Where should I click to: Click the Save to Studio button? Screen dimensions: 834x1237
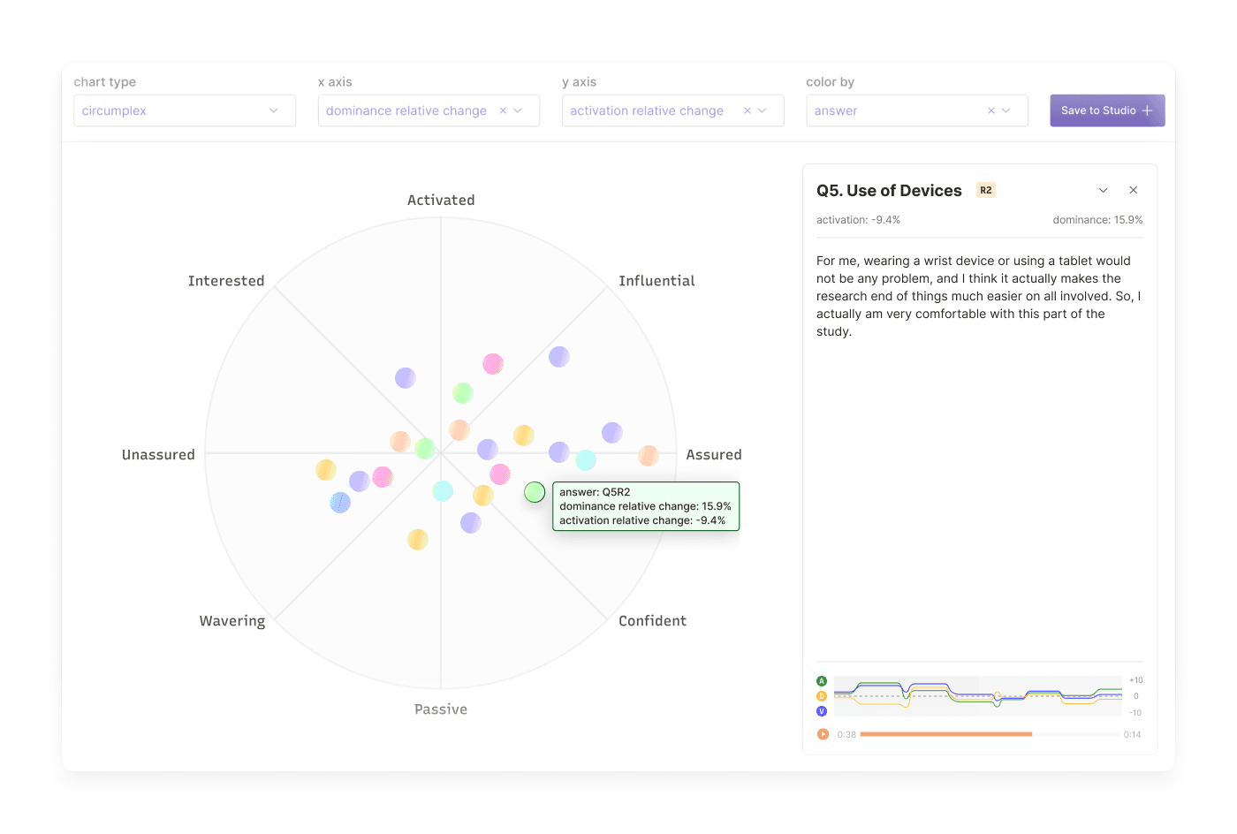[1106, 110]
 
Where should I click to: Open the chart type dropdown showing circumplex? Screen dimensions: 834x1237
[184, 110]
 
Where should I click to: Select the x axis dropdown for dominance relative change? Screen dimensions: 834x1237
[428, 110]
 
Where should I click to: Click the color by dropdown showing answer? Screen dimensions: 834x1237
[915, 110]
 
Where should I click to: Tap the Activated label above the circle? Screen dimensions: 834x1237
[441, 201]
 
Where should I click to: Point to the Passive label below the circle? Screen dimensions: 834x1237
[441, 709]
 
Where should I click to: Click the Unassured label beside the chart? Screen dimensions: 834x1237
[158, 455]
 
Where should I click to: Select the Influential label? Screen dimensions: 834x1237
[656, 281]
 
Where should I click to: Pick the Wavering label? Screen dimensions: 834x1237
[232, 621]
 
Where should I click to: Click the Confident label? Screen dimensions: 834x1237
[652, 621]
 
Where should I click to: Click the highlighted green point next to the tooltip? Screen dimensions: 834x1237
[535, 492]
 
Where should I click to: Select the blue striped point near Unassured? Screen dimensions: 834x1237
[340, 503]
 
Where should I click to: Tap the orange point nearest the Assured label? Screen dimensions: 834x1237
[649, 456]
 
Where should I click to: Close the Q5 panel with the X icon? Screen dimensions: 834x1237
[1133, 190]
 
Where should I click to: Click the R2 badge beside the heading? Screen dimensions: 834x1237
[986, 190]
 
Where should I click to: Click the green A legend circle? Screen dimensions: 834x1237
[822, 681]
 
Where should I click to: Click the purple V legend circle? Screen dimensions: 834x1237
[822, 711]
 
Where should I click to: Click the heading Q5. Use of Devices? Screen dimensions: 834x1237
[889, 191]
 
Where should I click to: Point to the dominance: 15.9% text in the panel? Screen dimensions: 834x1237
[1097, 220]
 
